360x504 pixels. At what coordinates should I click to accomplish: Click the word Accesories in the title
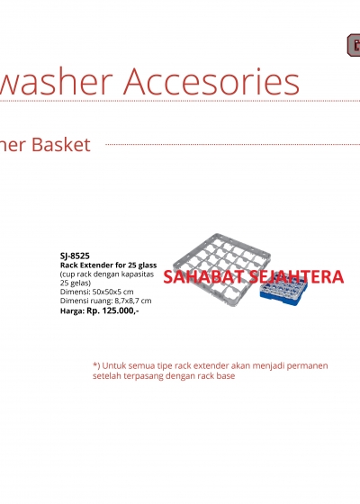pos(211,81)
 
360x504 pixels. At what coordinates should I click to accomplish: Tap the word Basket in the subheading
pos(61,145)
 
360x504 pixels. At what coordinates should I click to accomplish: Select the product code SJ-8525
pos(75,256)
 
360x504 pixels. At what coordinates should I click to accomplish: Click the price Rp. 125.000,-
pos(112,310)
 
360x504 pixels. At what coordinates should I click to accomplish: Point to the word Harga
pos(72,311)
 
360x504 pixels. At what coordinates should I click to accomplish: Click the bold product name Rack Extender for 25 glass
pos(108,265)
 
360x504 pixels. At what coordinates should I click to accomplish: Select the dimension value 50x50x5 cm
pos(112,292)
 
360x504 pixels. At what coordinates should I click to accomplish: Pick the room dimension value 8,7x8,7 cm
pos(133,301)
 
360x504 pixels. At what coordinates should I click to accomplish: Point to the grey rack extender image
pos(221,269)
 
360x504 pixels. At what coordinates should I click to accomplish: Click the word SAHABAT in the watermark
pos(205,277)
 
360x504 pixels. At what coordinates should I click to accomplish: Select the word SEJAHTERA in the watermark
pos(297,277)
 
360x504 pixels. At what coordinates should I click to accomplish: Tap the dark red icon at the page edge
pos(354,45)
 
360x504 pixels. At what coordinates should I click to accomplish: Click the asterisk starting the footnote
pos(95,364)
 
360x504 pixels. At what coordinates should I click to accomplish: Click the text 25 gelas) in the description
pos(76,283)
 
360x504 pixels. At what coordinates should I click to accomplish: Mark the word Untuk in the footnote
pos(113,365)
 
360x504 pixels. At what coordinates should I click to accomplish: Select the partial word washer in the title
pos(56,81)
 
